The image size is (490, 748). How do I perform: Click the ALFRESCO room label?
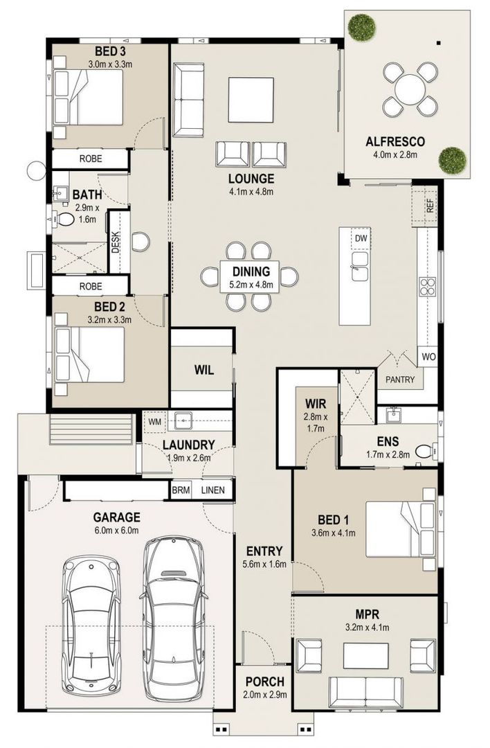pyautogui.click(x=394, y=142)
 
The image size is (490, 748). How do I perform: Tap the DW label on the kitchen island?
pyautogui.click(x=360, y=239)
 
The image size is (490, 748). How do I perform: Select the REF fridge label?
pyautogui.click(x=430, y=205)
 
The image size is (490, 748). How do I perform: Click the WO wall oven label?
pyautogui.click(x=428, y=357)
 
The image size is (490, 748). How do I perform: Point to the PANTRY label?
pyautogui.click(x=401, y=380)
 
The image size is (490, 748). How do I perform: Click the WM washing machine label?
pyautogui.click(x=154, y=420)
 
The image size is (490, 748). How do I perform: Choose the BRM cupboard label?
pyautogui.click(x=181, y=490)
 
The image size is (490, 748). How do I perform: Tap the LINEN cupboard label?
pyautogui.click(x=212, y=490)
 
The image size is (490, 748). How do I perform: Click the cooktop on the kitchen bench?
pyautogui.click(x=428, y=286)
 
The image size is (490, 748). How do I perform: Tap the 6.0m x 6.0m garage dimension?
pyautogui.click(x=116, y=531)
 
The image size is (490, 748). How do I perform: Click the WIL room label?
pyautogui.click(x=203, y=370)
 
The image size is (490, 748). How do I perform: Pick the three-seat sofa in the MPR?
pyautogui.click(x=365, y=692)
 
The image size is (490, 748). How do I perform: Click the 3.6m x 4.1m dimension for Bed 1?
pyautogui.click(x=333, y=533)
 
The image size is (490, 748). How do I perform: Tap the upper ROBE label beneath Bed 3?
pyautogui.click(x=90, y=159)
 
